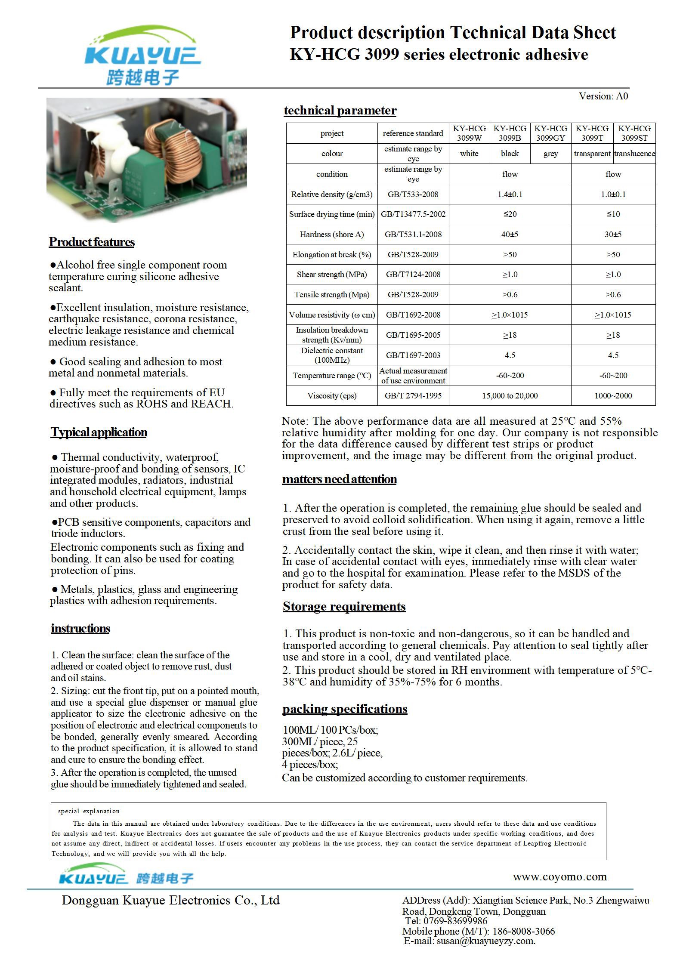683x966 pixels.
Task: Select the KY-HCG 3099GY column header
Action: [550, 133]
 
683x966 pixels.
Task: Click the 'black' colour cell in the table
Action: [510, 154]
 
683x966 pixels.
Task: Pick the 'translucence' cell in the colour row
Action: [634, 154]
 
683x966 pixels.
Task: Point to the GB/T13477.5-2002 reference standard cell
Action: [413, 214]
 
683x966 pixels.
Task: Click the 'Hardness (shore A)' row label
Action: [331, 235]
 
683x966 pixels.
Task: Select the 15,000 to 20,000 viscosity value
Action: [510, 396]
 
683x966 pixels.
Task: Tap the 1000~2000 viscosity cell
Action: [613, 396]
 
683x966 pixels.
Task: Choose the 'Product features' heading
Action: [92, 242]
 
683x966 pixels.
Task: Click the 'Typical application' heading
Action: [99, 432]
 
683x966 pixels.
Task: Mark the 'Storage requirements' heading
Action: [344, 607]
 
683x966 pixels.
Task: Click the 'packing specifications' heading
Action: [345, 709]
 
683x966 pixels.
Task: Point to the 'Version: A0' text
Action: [603, 96]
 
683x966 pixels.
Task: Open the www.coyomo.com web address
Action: [559, 877]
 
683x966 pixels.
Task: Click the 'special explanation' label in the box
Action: [89, 812]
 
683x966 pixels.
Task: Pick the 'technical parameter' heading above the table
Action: [340, 111]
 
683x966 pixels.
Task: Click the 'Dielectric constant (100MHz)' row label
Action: [331, 355]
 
